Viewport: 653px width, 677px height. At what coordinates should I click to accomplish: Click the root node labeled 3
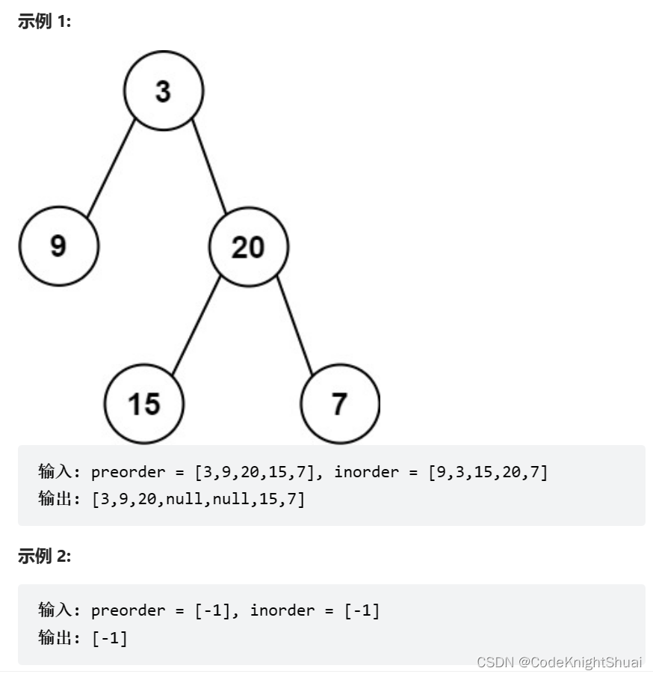[163, 91]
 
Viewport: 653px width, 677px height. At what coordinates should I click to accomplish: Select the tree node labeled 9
[58, 246]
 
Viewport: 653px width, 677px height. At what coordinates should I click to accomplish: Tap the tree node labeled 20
[248, 246]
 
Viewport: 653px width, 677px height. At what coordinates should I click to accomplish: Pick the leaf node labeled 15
[143, 404]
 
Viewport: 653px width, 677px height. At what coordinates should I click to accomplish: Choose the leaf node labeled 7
[340, 404]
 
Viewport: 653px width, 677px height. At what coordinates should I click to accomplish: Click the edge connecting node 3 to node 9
[111, 168]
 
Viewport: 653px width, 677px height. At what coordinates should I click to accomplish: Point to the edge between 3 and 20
[208, 167]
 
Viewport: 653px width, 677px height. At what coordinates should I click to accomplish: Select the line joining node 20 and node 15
[196, 325]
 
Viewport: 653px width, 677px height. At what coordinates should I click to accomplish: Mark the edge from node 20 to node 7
[294, 325]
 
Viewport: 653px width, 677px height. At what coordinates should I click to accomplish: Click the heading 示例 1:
[44, 22]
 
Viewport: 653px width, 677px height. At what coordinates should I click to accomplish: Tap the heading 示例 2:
[44, 556]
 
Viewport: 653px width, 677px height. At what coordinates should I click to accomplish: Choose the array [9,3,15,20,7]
[488, 472]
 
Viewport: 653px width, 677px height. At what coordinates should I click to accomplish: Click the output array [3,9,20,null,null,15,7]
[198, 499]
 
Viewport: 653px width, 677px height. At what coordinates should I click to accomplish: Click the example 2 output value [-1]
[110, 637]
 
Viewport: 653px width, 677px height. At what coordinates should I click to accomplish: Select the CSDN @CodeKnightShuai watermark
[559, 662]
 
